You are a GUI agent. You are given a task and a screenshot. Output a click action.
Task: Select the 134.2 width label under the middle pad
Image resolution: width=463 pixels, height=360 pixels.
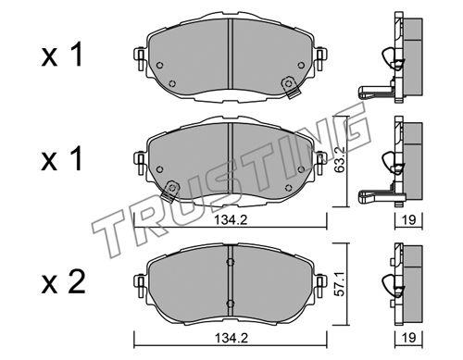click(231, 220)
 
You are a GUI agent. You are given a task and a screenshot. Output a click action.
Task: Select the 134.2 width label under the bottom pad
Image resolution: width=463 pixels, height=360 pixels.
click(231, 338)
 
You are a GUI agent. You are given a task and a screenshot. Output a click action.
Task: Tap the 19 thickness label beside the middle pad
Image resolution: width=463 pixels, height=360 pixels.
click(408, 220)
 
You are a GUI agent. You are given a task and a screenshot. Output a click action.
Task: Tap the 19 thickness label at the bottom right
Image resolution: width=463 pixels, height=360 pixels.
click(408, 338)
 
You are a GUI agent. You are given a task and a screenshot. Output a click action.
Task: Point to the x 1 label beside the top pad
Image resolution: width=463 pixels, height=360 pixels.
click(62, 55)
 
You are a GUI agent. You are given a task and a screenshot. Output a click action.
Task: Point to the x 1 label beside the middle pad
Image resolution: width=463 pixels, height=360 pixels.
click(62, 158)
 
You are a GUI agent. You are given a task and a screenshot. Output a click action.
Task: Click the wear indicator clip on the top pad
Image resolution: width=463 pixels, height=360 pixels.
click(291, 87)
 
